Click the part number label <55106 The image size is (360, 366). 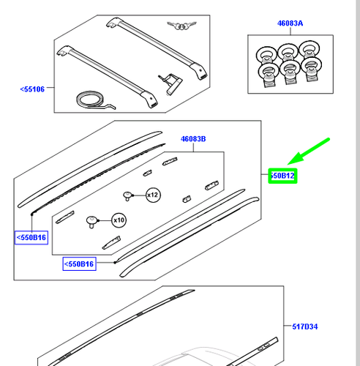(32, 89)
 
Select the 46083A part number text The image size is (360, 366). (289, 23)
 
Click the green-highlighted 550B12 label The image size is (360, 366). (282, 176)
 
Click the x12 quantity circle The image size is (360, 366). (152, 195)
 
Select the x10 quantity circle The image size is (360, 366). (118, 220)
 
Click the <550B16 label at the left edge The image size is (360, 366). (31, 237)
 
